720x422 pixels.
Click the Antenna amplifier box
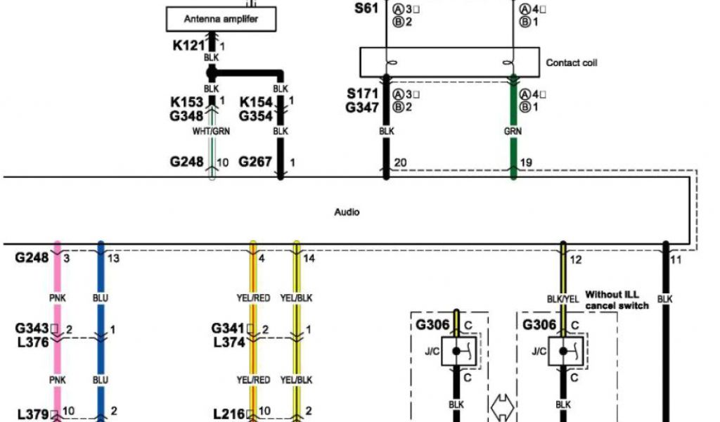pos(221,19)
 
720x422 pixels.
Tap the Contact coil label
pos(572,63)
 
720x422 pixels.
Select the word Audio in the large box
pos(347,211)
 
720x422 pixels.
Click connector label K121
pos(188,46)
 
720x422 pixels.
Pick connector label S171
pos(362,94)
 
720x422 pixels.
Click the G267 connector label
pos(255,162)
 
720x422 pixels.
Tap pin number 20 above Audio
pos(400,162)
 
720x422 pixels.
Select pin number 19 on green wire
pos(525,162)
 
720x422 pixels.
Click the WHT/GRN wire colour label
pos(212,131)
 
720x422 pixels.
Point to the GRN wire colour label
pos(513,131)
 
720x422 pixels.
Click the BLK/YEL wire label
pos(563,299)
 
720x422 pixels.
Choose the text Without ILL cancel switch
pos(617,300)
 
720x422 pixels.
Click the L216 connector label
pos(229,413)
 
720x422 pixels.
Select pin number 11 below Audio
pos(676,260)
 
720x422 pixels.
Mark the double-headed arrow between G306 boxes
pos(505,406)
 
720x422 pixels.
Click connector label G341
pos(228,328)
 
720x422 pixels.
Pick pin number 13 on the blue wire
pos(113,259)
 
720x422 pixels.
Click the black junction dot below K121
pos(210,72)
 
